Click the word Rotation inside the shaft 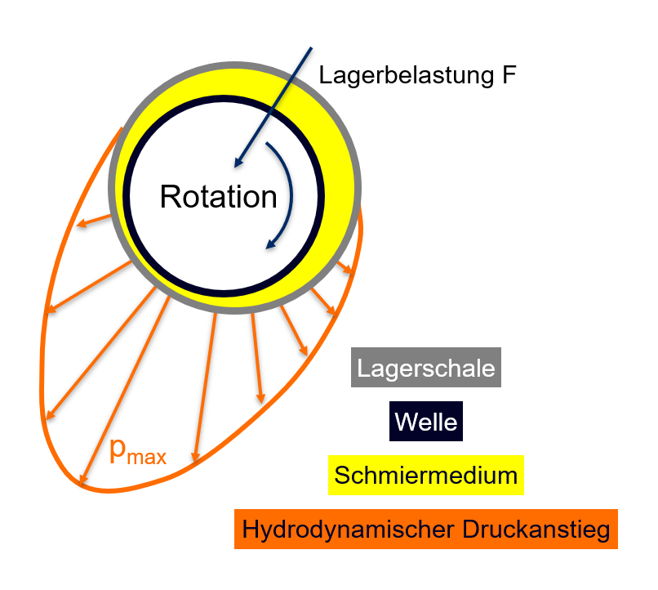coord(218,197)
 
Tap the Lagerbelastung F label coord(418,75)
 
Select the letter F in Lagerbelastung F coord(509,75)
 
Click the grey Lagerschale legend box coord(426,368)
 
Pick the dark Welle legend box coord(426,422)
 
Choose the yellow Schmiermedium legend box coord(425,476)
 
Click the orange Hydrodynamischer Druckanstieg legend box coord(425,530)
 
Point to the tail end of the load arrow coord(311,48)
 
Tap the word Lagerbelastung coord(405,75)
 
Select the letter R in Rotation coord(170,197)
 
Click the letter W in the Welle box coord(404,422)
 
